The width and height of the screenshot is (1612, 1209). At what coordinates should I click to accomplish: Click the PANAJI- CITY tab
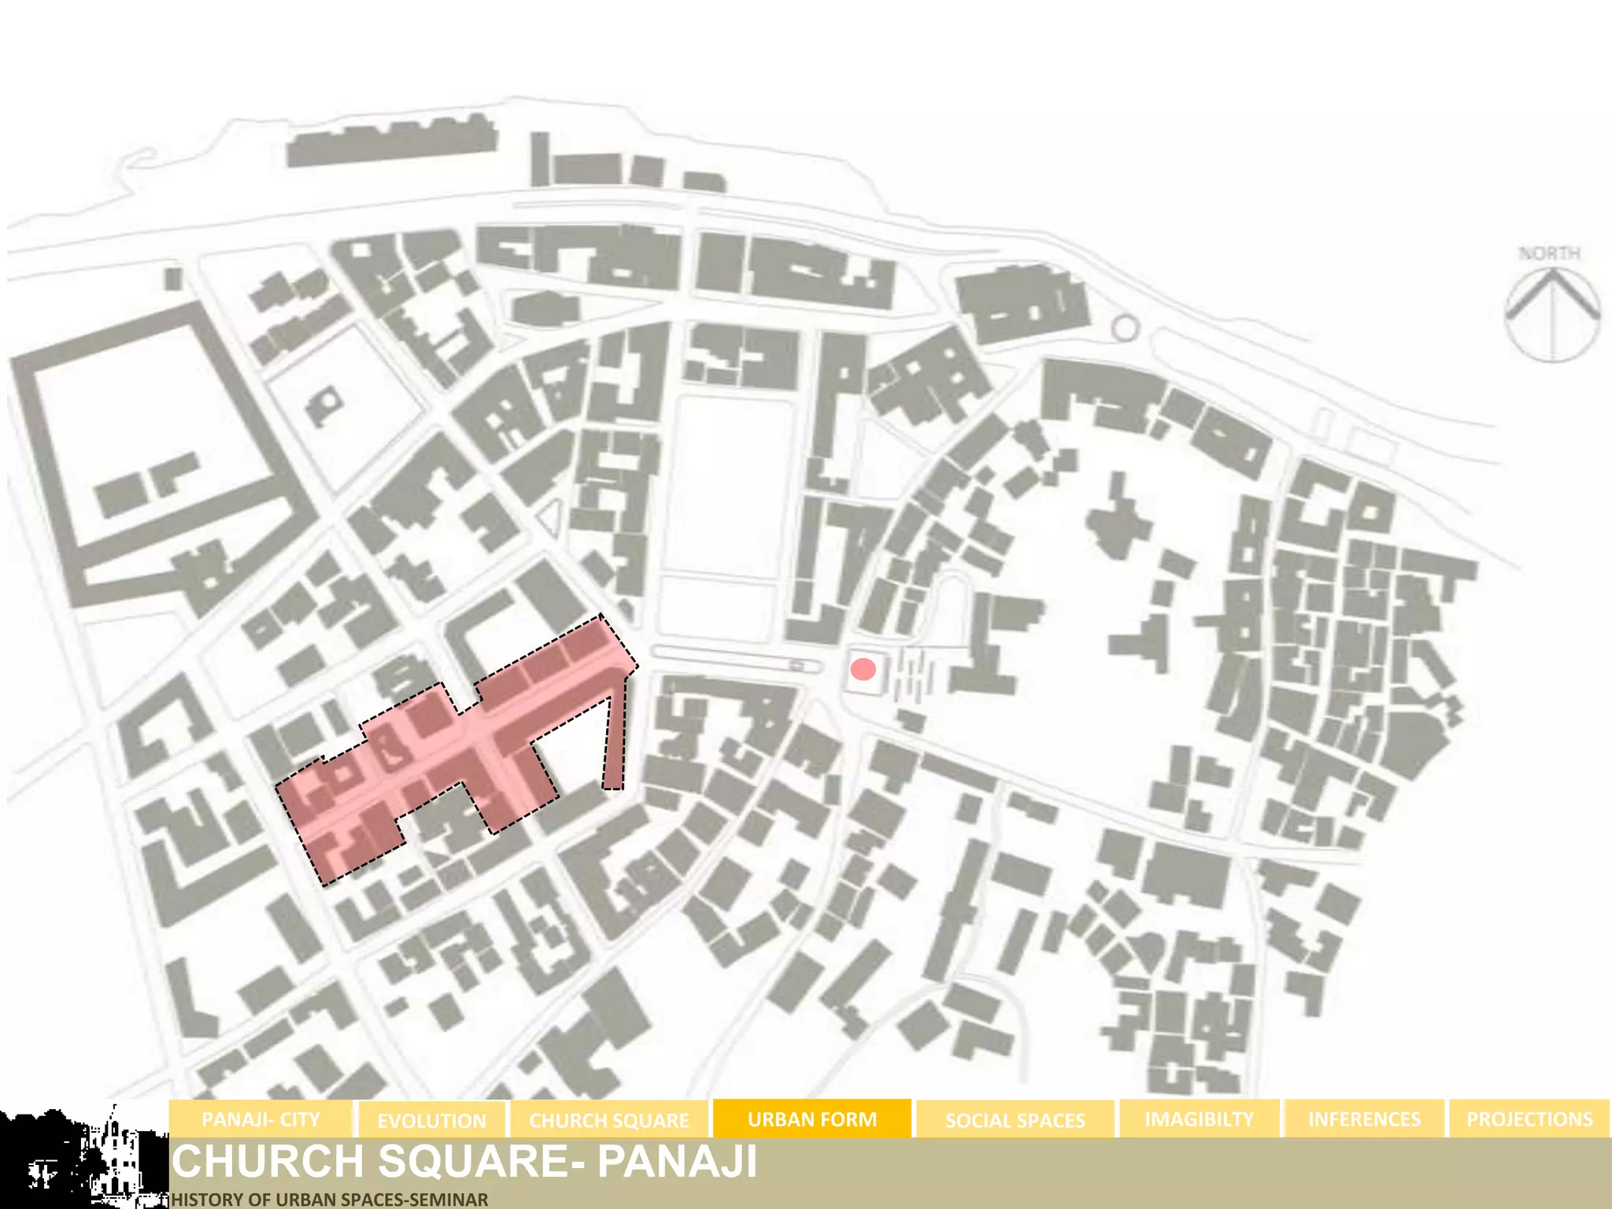(x=261, y=1119)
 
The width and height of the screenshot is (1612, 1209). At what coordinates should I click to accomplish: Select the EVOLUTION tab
(x=431, y=1120)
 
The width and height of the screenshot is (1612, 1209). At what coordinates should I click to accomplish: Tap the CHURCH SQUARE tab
(x=608, y=1120)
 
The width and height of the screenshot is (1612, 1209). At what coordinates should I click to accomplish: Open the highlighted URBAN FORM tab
(x=812, y=1119)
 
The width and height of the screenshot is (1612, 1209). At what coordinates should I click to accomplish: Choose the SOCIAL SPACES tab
(x=1015, y=1120)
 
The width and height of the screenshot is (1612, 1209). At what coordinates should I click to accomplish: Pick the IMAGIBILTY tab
(x=1199, y=1119)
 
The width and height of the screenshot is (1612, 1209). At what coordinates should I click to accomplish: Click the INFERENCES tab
(x=1364, y=1119)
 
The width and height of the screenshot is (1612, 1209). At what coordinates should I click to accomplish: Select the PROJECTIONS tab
(x=1529, y=1119)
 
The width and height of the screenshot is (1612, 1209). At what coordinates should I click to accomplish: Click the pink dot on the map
(x=863, y=670)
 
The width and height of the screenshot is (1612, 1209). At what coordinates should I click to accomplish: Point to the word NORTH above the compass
(x=1549, y=253)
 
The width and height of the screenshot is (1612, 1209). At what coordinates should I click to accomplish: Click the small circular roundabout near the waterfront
(x=1126, y=328)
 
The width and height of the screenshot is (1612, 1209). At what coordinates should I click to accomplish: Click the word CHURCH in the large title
(x=268, y=1162)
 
